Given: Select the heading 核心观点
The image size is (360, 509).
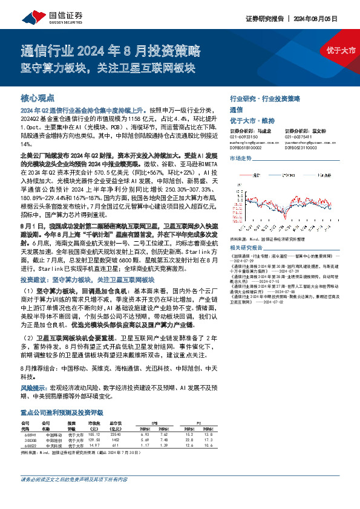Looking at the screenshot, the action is pyautogui.click(x=38, y=97).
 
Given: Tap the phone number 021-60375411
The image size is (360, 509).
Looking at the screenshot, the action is pyautogui.click(x=299, y=137).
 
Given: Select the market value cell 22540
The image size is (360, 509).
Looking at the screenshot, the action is pyautogui.click(x=117, y=435).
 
